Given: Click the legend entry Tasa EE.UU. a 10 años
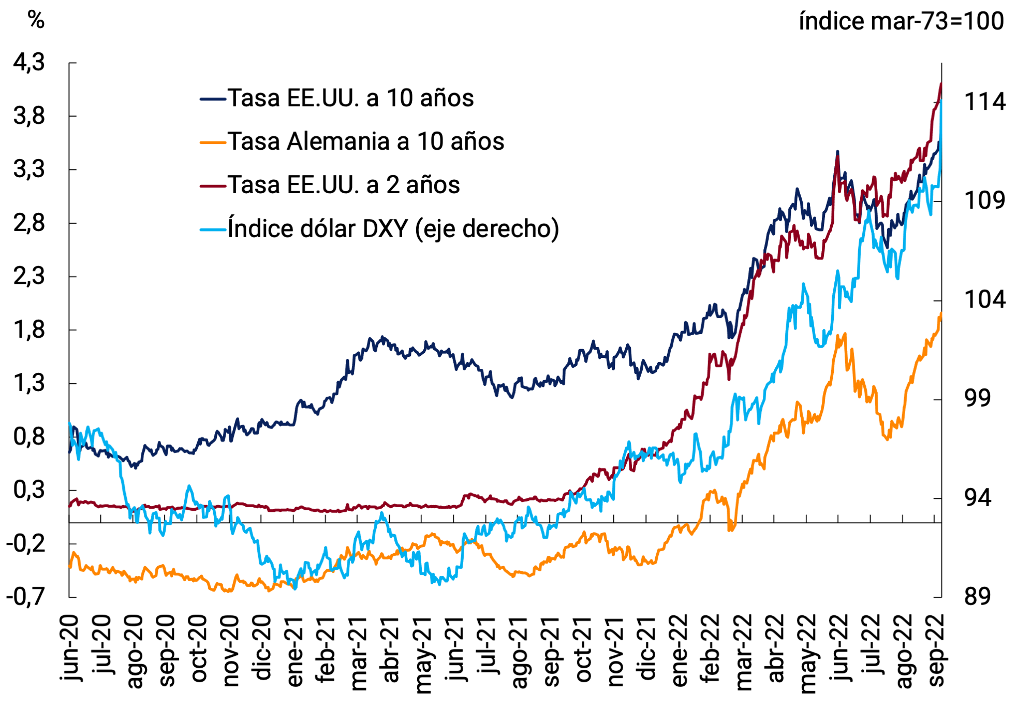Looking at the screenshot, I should coord(350,98).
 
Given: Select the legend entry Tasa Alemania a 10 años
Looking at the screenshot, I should coord(365,142).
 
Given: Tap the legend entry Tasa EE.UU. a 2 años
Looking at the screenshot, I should coord(344,185).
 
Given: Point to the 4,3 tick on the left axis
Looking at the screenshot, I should coord(29,63).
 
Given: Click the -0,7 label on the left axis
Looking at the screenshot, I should coord(25,597).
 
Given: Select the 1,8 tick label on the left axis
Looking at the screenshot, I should coord(29,330).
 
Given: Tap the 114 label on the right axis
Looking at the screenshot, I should coord(984,102).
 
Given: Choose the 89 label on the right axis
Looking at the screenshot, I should coord(977,597).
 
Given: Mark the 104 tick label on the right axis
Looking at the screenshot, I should coord(984,300).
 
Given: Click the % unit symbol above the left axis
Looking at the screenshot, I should coord(36,21).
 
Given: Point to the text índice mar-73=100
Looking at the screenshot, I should coord(901,22).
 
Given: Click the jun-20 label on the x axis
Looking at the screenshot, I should coord(69,647).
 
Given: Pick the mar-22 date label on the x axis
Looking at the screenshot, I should coord(744,653).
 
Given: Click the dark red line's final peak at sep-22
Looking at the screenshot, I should coord(940,84).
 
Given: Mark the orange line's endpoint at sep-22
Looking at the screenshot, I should coord(940,313).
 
